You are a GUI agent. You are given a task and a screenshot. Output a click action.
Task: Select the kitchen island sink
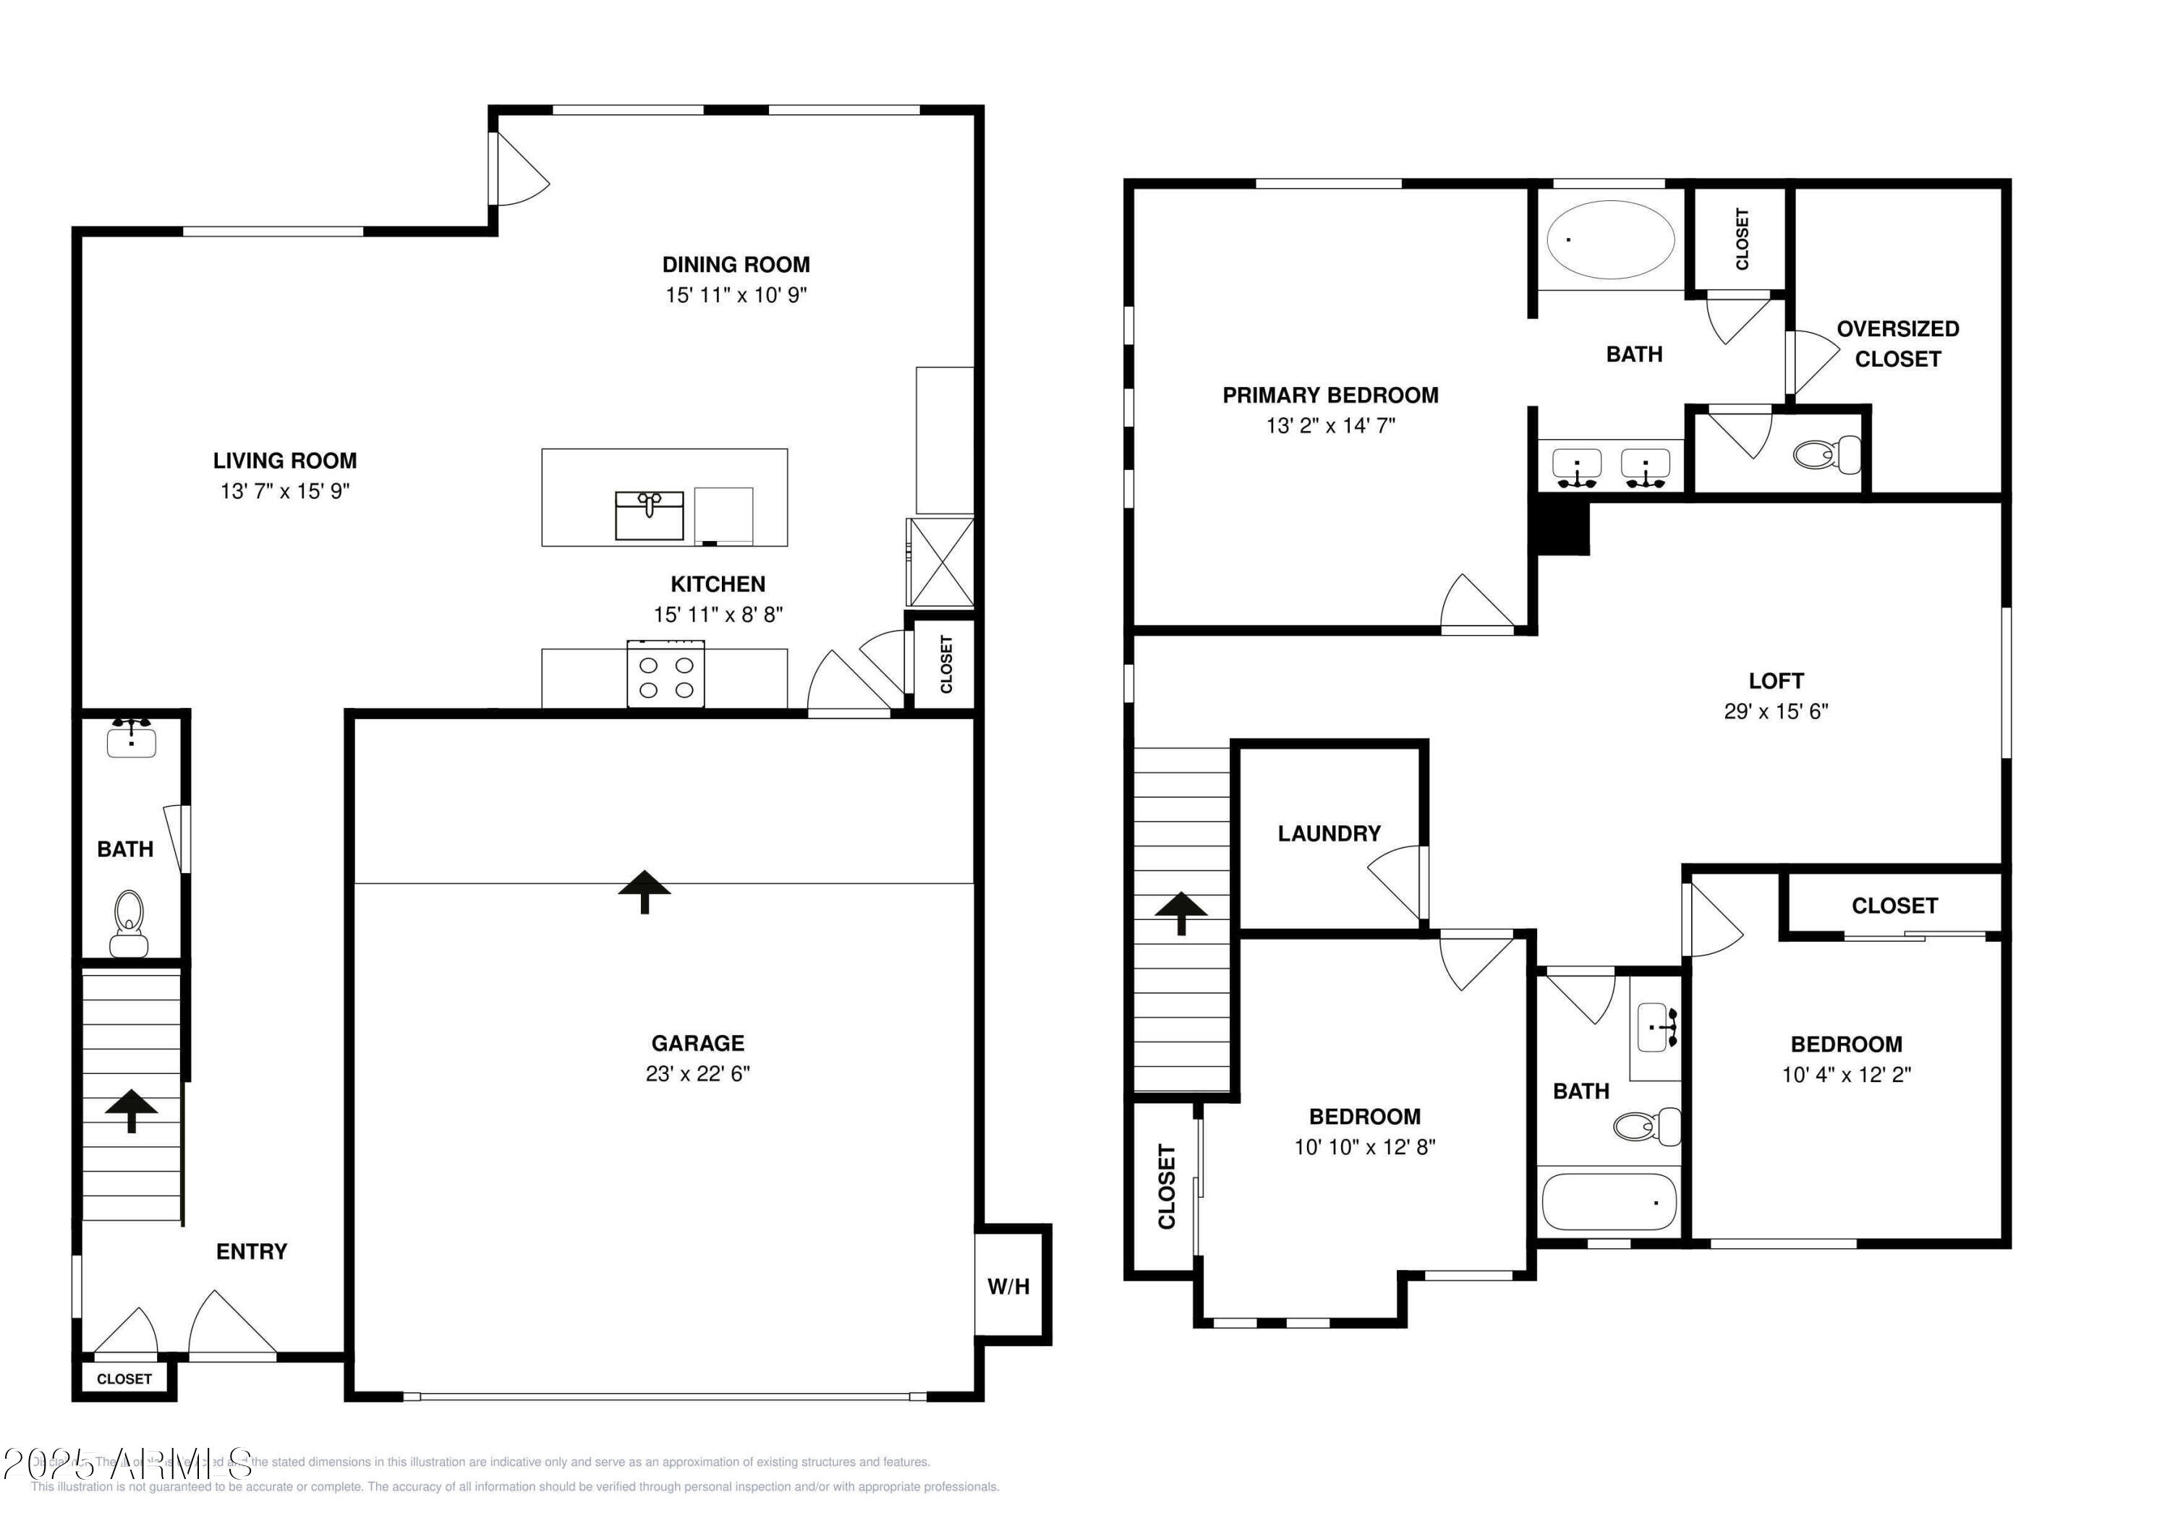(x=650, y=515)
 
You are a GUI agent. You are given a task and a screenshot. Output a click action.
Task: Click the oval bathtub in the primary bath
(x=1610, y=239)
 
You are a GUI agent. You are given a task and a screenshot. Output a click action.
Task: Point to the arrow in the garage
(x=644, y=891)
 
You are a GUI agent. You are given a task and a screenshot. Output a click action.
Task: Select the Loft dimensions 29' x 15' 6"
(x=1775, y=711)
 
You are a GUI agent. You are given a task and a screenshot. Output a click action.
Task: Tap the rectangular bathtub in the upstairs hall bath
(x=1609, y=1201)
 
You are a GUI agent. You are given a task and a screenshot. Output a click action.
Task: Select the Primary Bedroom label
(x=1329, y=395)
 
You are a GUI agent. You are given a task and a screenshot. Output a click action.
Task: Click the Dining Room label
(x=736, y=265)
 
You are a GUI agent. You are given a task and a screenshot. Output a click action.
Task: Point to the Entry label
(x=252, y=1250)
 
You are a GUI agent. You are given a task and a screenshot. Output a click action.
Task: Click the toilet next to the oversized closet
(x=1825, y=455)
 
